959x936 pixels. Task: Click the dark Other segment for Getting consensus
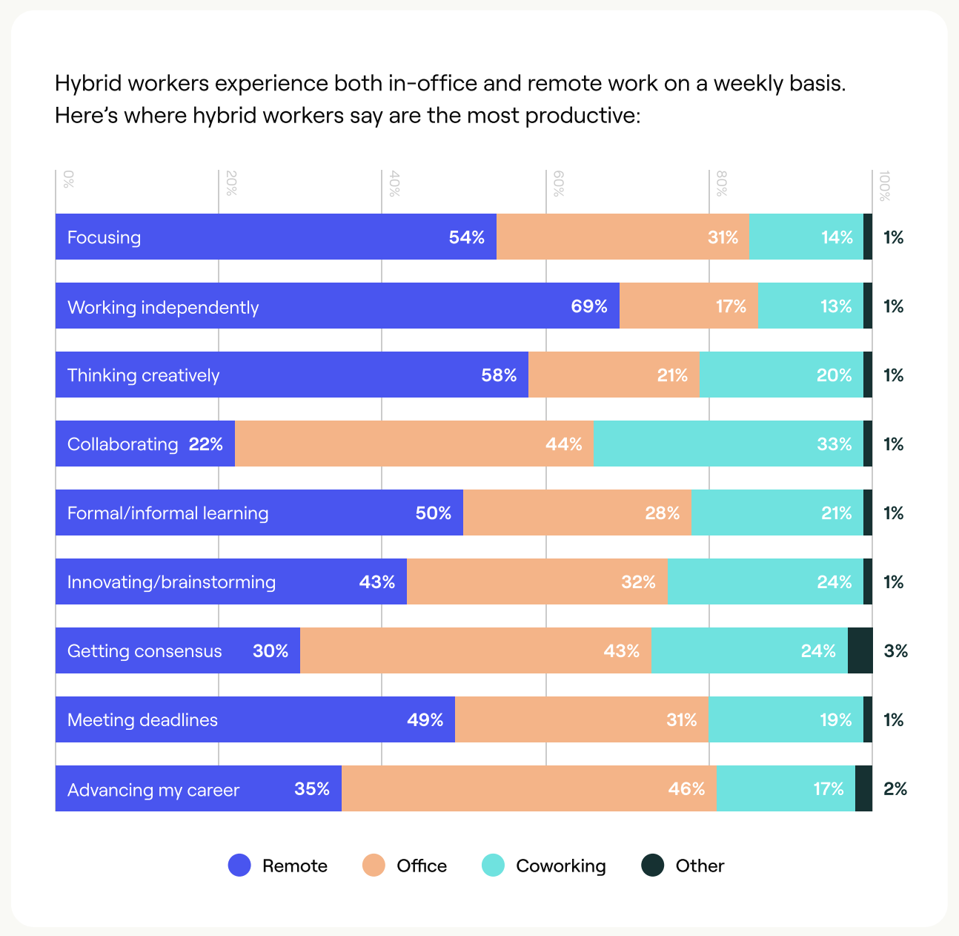coord(860,650)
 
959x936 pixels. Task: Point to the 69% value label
coord(589,306)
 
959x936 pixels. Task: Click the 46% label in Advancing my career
coord(686,788)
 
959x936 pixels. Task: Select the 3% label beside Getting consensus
coord(895,651)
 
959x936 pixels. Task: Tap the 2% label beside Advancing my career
coord(895,788)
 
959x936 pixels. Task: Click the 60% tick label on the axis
coord(558,184)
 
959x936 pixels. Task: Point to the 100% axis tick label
coord(883,185)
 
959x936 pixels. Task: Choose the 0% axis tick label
coord(67,179)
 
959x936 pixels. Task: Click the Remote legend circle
coord(239,866)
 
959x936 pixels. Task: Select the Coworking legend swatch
coord(493,866)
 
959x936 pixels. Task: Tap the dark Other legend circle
coord(653,866)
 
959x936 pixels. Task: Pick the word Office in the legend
coord(422,866)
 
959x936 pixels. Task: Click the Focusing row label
coord(104,237)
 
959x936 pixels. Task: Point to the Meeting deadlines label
coord(142,720)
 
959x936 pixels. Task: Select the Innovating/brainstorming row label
coord(171,582)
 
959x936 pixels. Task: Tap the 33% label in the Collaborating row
coord(834,444)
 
